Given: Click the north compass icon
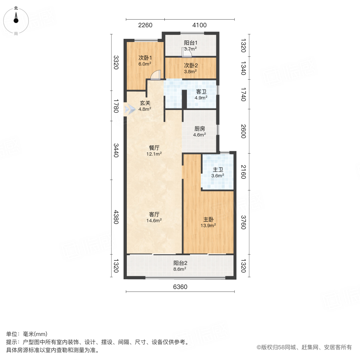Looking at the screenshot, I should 16,19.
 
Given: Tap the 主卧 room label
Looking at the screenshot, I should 208,220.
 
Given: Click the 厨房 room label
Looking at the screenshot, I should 200,129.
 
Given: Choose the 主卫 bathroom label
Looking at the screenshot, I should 218,169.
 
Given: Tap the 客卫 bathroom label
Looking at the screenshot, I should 201,92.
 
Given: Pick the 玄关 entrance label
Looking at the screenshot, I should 144,103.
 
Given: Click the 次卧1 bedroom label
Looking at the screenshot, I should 144,57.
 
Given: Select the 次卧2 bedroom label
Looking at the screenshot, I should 190,66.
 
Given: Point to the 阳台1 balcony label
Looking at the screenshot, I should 190,42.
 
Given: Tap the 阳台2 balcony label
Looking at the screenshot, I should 180,263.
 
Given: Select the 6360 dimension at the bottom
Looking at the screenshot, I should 180,286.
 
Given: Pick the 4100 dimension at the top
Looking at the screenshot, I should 199,26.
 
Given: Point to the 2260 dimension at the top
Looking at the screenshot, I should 145,26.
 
